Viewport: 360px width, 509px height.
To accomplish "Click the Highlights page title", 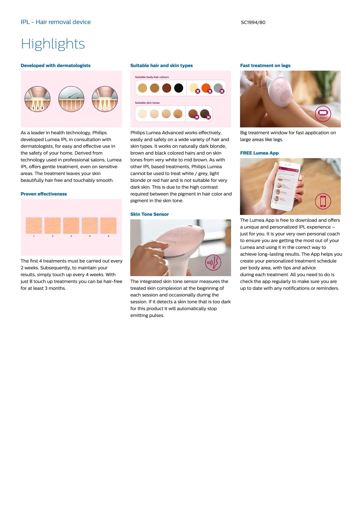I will (53, 44).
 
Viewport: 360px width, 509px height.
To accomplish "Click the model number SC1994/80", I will (253, 22).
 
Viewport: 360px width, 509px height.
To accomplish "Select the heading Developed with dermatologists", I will (55, 65).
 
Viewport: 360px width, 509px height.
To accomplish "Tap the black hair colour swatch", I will (179, 88).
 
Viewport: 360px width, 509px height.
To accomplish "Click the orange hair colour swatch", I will (206, 88).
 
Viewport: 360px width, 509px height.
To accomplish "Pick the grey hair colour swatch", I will (218, 88).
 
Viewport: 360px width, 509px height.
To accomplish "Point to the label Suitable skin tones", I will (147, 103).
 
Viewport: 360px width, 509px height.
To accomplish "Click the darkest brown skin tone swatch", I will (205, 113).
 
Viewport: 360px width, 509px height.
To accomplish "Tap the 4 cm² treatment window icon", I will (323, 113).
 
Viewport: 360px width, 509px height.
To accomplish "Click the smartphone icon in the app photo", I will (323, 201).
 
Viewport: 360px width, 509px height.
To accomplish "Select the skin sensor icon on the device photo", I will (213, 262).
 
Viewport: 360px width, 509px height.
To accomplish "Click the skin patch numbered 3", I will (71, 225).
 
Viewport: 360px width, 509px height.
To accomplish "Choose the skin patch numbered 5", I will (108, 225).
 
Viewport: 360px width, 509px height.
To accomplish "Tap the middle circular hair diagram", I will (71, 99).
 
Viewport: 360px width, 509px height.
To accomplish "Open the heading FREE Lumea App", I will (259, 153).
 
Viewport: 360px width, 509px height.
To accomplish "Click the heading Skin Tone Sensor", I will (149, 214).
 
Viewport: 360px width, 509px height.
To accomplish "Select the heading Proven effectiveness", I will (44, 194).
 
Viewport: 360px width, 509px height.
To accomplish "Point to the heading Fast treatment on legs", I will (265, 65).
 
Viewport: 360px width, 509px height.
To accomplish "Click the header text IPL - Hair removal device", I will (56, 22).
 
